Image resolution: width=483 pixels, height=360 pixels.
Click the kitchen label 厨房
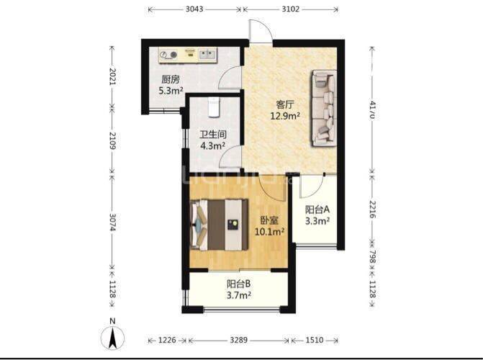tap(171, 80)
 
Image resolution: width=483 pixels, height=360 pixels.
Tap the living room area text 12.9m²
tap(285, 116)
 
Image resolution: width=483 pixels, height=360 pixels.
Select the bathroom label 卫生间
tap(213, 135)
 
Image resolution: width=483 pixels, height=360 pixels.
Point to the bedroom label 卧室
tap(269, 220)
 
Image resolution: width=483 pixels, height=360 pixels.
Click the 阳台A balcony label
tap(317, 210)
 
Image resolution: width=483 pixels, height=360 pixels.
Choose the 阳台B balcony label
tap(239, 284)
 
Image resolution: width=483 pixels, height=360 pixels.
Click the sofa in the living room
tap(324, 108)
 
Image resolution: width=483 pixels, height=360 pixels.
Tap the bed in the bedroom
tap(220, 225)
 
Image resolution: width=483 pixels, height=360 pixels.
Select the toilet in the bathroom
tap(214, 107)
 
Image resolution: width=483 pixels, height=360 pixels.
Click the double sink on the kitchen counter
tap(207, 55)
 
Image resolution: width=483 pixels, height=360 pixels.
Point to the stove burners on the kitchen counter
tap(169, 55)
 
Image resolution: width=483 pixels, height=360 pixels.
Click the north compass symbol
tap(113, 336)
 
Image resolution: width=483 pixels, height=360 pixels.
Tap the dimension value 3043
tap(194, 9)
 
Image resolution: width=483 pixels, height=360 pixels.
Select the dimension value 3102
tap(291, 9)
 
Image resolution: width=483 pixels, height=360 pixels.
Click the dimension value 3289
tap(239, 341)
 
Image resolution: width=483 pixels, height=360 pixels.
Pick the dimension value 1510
tap(315, 341)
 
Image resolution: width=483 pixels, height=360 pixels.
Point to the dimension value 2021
tap(112, 76)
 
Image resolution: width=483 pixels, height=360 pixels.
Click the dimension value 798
tap(372, 256)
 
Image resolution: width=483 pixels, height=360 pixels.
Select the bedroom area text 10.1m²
tap(269, 231)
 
